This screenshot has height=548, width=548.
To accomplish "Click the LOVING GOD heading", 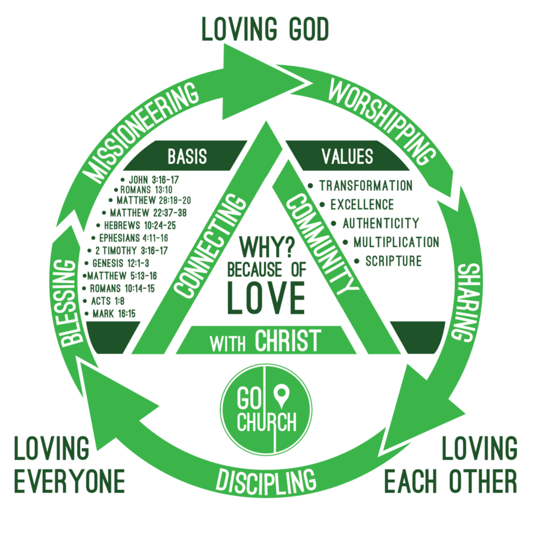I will (x=265, y=30).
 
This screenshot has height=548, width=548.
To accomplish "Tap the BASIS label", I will (x=187, y=156).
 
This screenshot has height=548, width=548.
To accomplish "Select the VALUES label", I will (x=348, y=156).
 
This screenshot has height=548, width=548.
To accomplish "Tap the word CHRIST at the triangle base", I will (x=287, y=341).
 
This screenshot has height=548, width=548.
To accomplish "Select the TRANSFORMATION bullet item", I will (x=365, y=186).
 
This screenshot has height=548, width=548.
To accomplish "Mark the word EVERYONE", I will (x=69, y=482).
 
